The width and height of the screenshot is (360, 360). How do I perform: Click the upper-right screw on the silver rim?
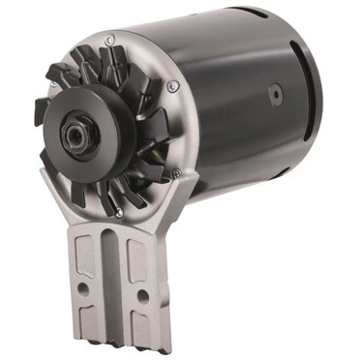(171, 86)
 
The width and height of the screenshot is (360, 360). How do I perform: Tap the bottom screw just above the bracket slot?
(116, 211)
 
